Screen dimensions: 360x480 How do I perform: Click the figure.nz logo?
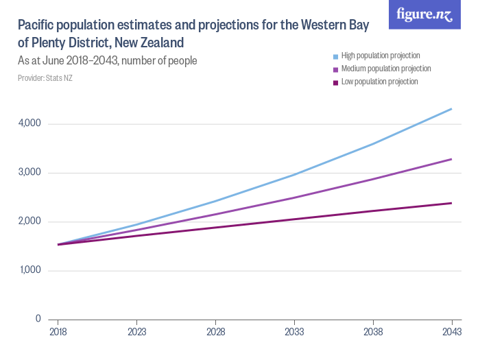point(424,14)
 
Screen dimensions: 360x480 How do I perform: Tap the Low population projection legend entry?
point(379,82)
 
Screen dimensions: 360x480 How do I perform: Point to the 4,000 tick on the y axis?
point(31,123)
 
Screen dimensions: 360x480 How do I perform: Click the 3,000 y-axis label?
point(31,173)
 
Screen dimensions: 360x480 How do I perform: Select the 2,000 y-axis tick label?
point(31,221)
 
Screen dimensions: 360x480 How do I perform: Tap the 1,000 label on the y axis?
point(31,270)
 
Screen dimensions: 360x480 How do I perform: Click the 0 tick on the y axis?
point(38,319)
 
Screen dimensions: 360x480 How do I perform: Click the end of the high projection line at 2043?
point(451,109)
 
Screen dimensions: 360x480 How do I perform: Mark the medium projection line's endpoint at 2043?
point(451,159)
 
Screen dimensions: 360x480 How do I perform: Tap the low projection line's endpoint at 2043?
point(451,203)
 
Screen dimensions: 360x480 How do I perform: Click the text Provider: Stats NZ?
point(45,78)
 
